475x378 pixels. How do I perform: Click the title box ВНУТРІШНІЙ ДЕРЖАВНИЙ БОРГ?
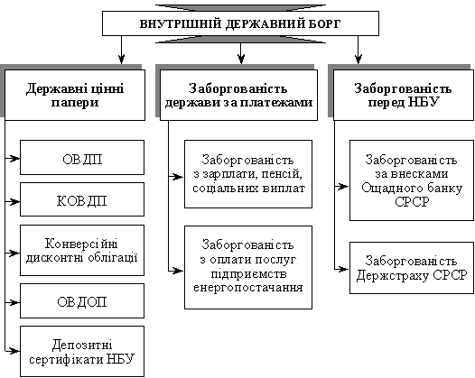click(240, 23)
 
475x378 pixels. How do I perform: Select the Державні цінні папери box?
click(75, 95)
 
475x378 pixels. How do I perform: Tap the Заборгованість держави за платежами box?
click(238, 95)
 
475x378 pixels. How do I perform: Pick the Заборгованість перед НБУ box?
click(404, 95)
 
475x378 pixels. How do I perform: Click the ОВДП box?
click(82, 157)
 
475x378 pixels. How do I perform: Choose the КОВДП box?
click(82, 199)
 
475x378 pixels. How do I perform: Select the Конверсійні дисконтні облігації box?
click(82, 250)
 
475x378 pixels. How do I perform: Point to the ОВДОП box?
click(82, 300)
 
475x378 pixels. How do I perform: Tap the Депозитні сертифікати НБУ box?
click(82, 351)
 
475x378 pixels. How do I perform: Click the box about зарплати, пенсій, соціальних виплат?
click(248, 174)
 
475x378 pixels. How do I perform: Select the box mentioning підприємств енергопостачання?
click(248, 267)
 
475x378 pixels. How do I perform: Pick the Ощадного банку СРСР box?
click(412, 180)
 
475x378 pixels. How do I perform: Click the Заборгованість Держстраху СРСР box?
click(412, 268)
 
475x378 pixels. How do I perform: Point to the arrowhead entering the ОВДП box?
click(15, 158)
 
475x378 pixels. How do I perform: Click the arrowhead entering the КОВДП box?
click(15, 201)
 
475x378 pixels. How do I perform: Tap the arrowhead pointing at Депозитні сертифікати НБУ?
click(15, 351)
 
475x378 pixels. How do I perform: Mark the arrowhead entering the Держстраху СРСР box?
click(345, 269)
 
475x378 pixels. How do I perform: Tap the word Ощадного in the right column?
click(386, 189)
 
